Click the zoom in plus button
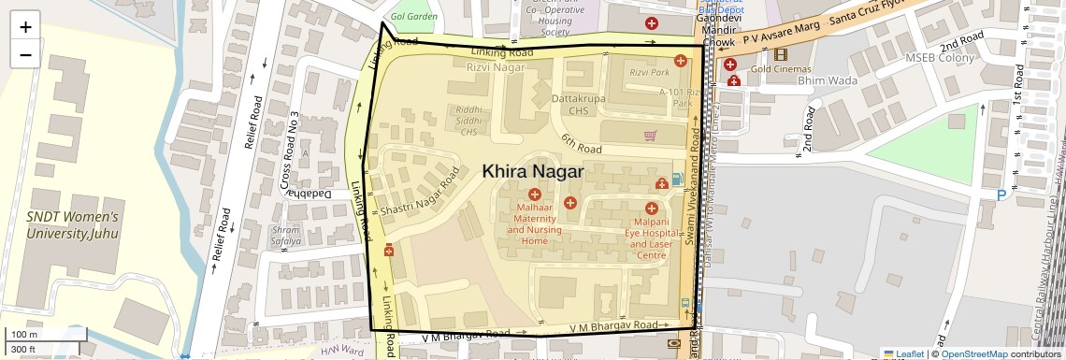(25, 26)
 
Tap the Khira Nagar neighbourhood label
(532, 172)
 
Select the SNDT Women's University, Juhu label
(72, 224)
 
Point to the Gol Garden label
(414, 17)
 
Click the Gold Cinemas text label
(779, 69)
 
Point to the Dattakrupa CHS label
(577, 103)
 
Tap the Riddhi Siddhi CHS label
(468, 121)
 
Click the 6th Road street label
(581, 143)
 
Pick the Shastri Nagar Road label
(420, 194)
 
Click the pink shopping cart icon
(650, 136)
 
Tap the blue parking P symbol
(1002, 195)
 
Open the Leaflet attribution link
(903, 353)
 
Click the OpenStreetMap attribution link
(973, 353)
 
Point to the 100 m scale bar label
(23, 335)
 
